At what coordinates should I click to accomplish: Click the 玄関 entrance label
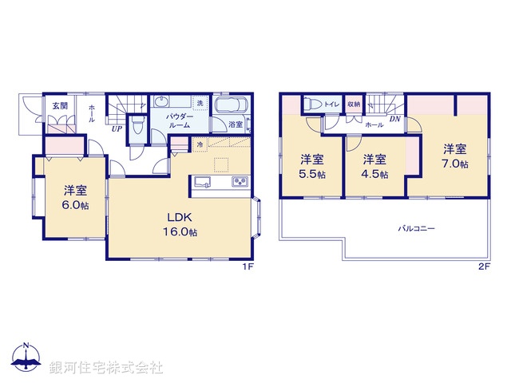(59, 105)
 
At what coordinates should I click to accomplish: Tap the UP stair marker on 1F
(117, 128)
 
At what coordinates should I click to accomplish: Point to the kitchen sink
(201, 182)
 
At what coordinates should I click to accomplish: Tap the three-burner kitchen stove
(240, 183)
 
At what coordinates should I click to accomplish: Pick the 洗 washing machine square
(200, 104)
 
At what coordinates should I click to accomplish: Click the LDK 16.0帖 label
(181, 223)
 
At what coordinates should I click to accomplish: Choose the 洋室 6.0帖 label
(76, 196)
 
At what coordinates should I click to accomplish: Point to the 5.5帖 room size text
(312, 174)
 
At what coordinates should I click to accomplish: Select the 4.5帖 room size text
(374, 174)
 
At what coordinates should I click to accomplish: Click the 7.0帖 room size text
(454, 164)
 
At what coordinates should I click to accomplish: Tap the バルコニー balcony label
(416, 228)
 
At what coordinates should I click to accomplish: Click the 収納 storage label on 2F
(354, 105)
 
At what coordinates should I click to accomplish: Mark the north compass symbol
(26, 358)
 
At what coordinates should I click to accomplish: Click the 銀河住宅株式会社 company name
(105, 368)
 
